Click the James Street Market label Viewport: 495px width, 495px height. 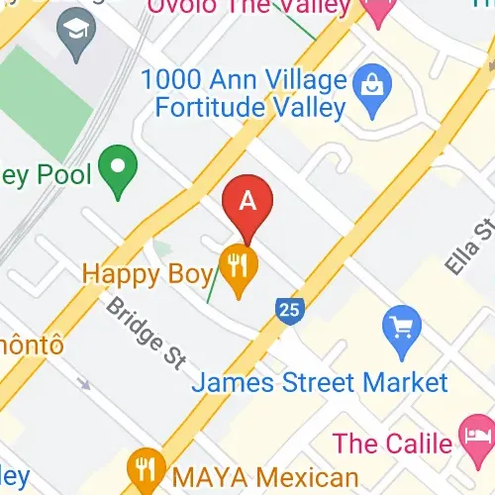click(x=320, y=381)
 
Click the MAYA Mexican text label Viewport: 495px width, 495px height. click(x=263, y=476)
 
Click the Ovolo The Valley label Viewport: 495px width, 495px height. click(x=251, y=8)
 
